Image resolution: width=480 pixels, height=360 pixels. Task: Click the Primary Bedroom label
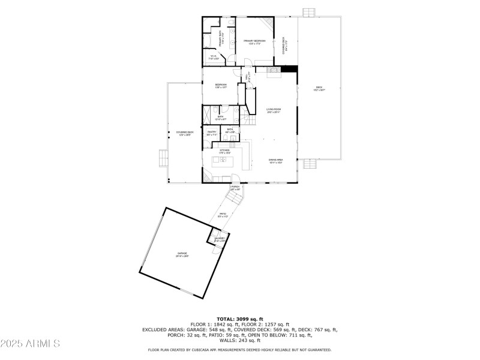coord(254,42)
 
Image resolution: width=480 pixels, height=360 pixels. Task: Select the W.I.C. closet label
coord(213,58)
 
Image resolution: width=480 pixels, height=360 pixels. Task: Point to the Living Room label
coord(274,110)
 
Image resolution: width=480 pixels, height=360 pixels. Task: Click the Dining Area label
coord(275,161)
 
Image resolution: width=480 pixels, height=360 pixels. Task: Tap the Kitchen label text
coord(224,151)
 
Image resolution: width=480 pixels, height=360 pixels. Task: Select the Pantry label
coord(211,133)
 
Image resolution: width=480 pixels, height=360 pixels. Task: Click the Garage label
coord(182,254)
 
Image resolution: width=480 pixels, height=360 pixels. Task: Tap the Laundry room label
coord(220,239)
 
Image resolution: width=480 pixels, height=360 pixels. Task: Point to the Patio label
coord(223,215)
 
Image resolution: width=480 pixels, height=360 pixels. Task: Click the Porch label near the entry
coord(235,188)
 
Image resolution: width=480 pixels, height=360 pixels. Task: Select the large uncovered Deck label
coord(319,89)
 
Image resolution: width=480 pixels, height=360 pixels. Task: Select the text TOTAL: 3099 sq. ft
coord(240,319)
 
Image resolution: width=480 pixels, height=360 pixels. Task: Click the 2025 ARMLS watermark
coord(30,344)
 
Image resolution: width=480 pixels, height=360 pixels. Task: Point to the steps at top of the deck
coord(308,12)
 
